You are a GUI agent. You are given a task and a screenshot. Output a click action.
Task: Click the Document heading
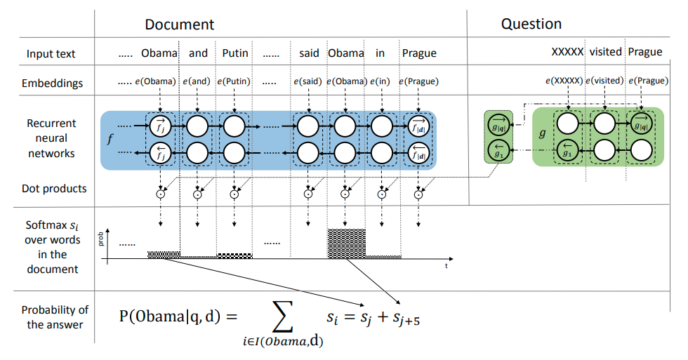pyautogui.click(x=179, y=25)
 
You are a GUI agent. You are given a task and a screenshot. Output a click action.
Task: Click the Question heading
pyautogui.click(x=531, y=24)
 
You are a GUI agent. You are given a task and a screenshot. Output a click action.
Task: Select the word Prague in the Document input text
pyautogui.click(x=419, y=53)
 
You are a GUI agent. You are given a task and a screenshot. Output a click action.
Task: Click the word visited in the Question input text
pyautogui.click(x=605, y=52)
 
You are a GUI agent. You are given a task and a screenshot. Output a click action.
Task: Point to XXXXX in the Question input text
pyautogui.click(x=567, y=52)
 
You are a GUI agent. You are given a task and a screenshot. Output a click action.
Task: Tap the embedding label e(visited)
pyautogui.click(x=605, y=81)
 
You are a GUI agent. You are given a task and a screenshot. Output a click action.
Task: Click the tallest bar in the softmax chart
pyautogui.click(x=346, y=242)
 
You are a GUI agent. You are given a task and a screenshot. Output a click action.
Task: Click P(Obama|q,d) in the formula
pyautogui.click(x=169, y=316)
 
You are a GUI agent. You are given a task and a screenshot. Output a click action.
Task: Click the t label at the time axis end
pyautogui.click(x=446, y=267)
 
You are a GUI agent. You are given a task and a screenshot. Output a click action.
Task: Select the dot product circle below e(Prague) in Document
pyautogui.click(x=419, y=196)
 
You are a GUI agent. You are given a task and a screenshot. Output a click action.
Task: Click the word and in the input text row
pyautogui.click(x=199, y=53)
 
